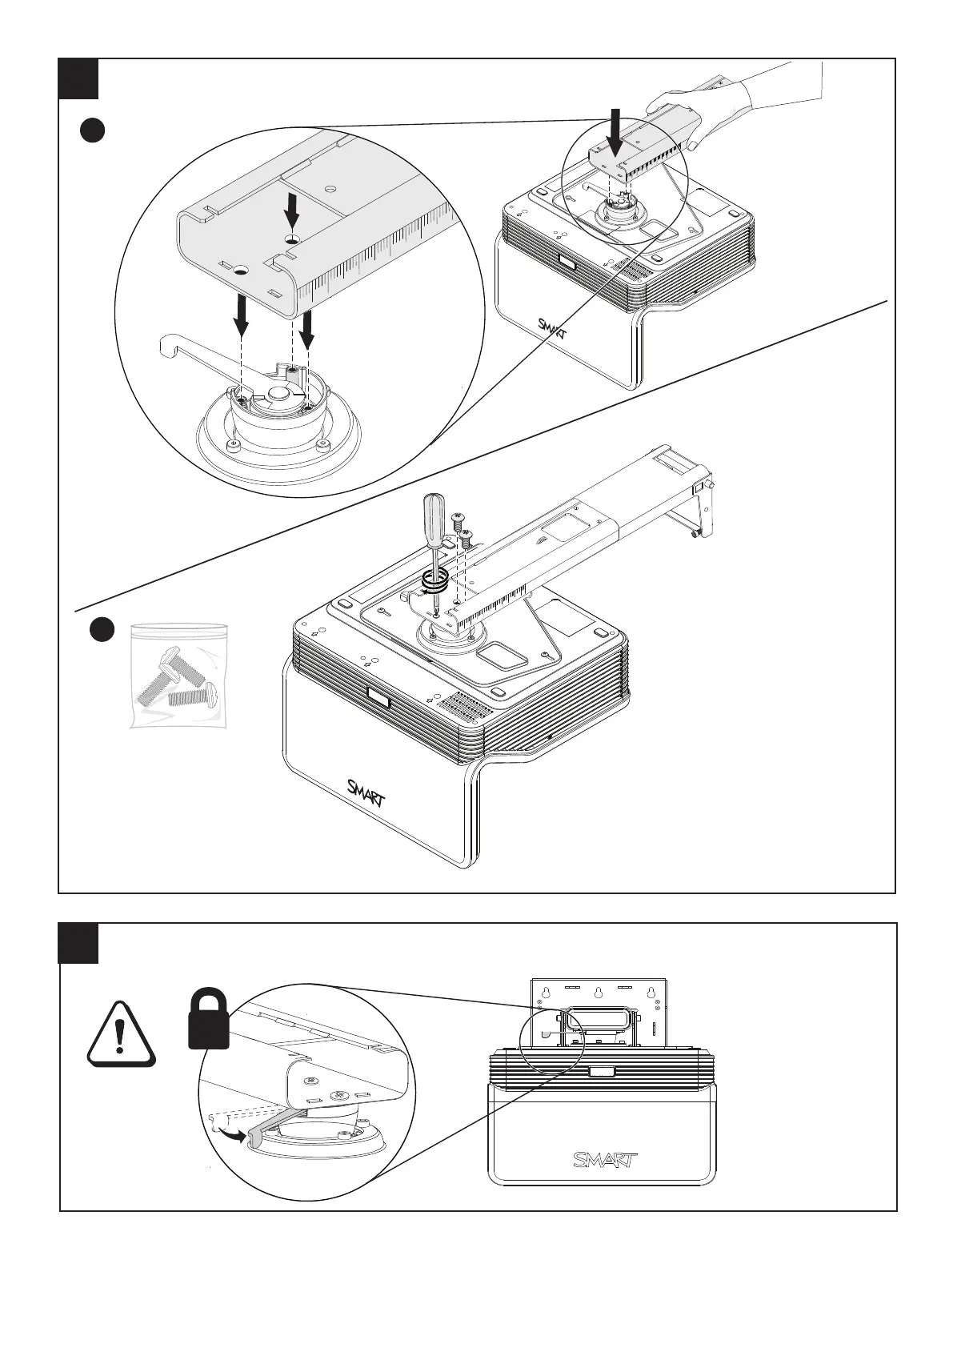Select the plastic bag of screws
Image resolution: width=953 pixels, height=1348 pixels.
pos(178,676)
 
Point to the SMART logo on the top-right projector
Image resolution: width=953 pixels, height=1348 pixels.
pos(552,327)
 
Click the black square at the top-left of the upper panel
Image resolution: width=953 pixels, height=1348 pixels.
pos(78,78)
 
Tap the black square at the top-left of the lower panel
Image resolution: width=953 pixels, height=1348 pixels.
pos(79,943)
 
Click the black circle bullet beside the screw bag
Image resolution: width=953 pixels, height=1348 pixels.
pos(101,630)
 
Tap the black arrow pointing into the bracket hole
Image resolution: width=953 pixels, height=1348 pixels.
pos(292,212)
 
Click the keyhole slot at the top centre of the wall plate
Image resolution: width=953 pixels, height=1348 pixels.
pos(597,991)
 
